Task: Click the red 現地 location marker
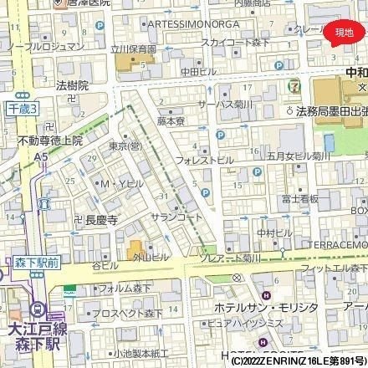coord(344,33)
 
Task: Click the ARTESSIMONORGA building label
coord(190,25)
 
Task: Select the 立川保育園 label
coord(135,49)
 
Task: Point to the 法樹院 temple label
coord(73,85)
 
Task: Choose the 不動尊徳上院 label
coord(51,141)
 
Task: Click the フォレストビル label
coord(203,158)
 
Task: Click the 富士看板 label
coord(300,199)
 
